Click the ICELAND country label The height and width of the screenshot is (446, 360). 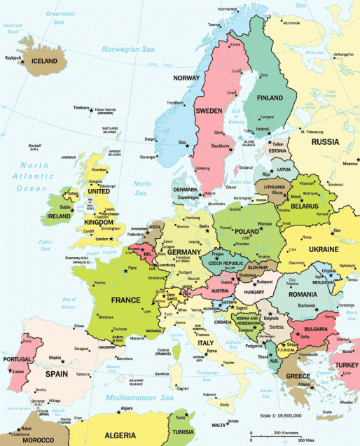pos(44,61)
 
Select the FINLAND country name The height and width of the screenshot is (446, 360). pos(270,97)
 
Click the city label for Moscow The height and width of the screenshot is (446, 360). pos(349,164)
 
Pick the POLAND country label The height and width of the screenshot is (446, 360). pos(249,231)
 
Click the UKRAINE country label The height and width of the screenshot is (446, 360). pos(324,249)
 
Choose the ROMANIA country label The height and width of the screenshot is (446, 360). pos(302,295)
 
